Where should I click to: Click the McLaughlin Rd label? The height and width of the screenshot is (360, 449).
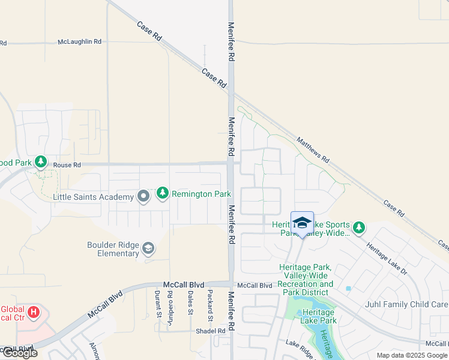click(x=80, y=42)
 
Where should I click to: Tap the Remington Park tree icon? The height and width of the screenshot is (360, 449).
click(x=162, y=194)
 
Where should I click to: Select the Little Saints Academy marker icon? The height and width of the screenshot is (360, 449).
click(x=143, y=197)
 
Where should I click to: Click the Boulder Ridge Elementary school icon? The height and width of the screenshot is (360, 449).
click(x=148, y=248)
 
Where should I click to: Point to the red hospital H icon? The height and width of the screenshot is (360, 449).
click(x=34, y=313)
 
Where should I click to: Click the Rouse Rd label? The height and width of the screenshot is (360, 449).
click(x=67, y=165)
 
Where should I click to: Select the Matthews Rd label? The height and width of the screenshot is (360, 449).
click(x=312, y=150)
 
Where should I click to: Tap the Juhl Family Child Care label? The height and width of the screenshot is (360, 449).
click(x=406, y=304)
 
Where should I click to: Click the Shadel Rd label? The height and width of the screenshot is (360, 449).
click(x=210, y=331)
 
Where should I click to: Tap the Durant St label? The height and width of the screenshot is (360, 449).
click(x=158, y=303)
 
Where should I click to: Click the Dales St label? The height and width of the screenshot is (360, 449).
click(x=190, y=303)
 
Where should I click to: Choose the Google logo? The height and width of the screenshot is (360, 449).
click(x=20, y=353)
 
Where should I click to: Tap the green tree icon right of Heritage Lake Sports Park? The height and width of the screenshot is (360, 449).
click(x=358, y=227)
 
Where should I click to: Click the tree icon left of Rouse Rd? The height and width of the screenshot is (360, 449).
click(x=41, y=161)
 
